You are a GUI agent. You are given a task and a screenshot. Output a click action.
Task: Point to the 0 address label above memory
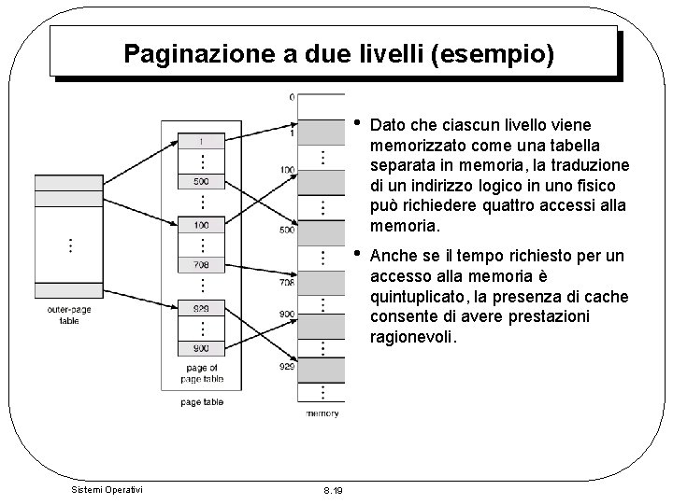tap(292, 96)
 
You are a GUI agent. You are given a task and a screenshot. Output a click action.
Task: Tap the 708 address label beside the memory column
tap(288, 282)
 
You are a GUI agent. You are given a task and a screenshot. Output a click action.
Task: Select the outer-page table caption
tap(70, 314)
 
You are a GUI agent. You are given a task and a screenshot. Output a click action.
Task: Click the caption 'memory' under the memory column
tap(322, 413)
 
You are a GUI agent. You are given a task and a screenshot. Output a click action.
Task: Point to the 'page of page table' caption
tap(202, 373)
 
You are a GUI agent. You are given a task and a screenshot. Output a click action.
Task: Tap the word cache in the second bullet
tap(607, 297)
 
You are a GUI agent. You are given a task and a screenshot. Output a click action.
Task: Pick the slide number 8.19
tap(332, 490)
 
